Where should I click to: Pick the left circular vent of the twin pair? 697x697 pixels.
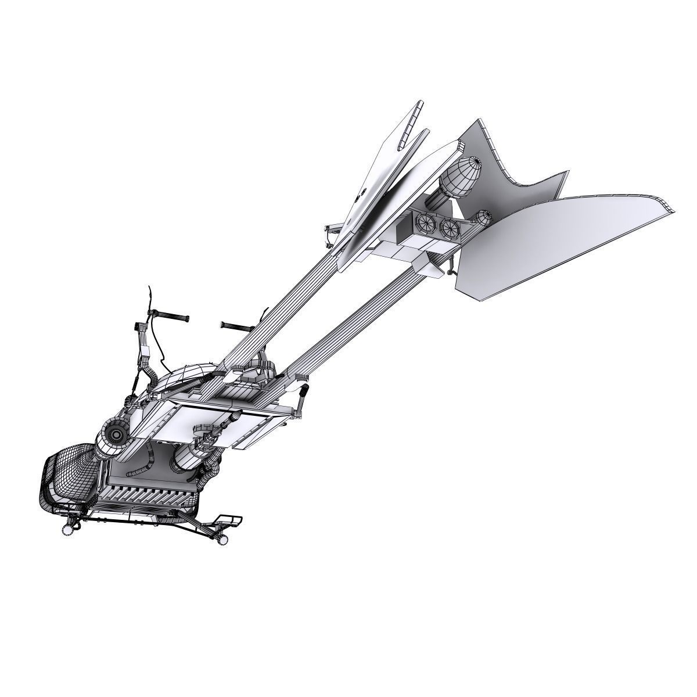[x=425, y=222]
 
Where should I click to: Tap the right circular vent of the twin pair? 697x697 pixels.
[x=450, y=227]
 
